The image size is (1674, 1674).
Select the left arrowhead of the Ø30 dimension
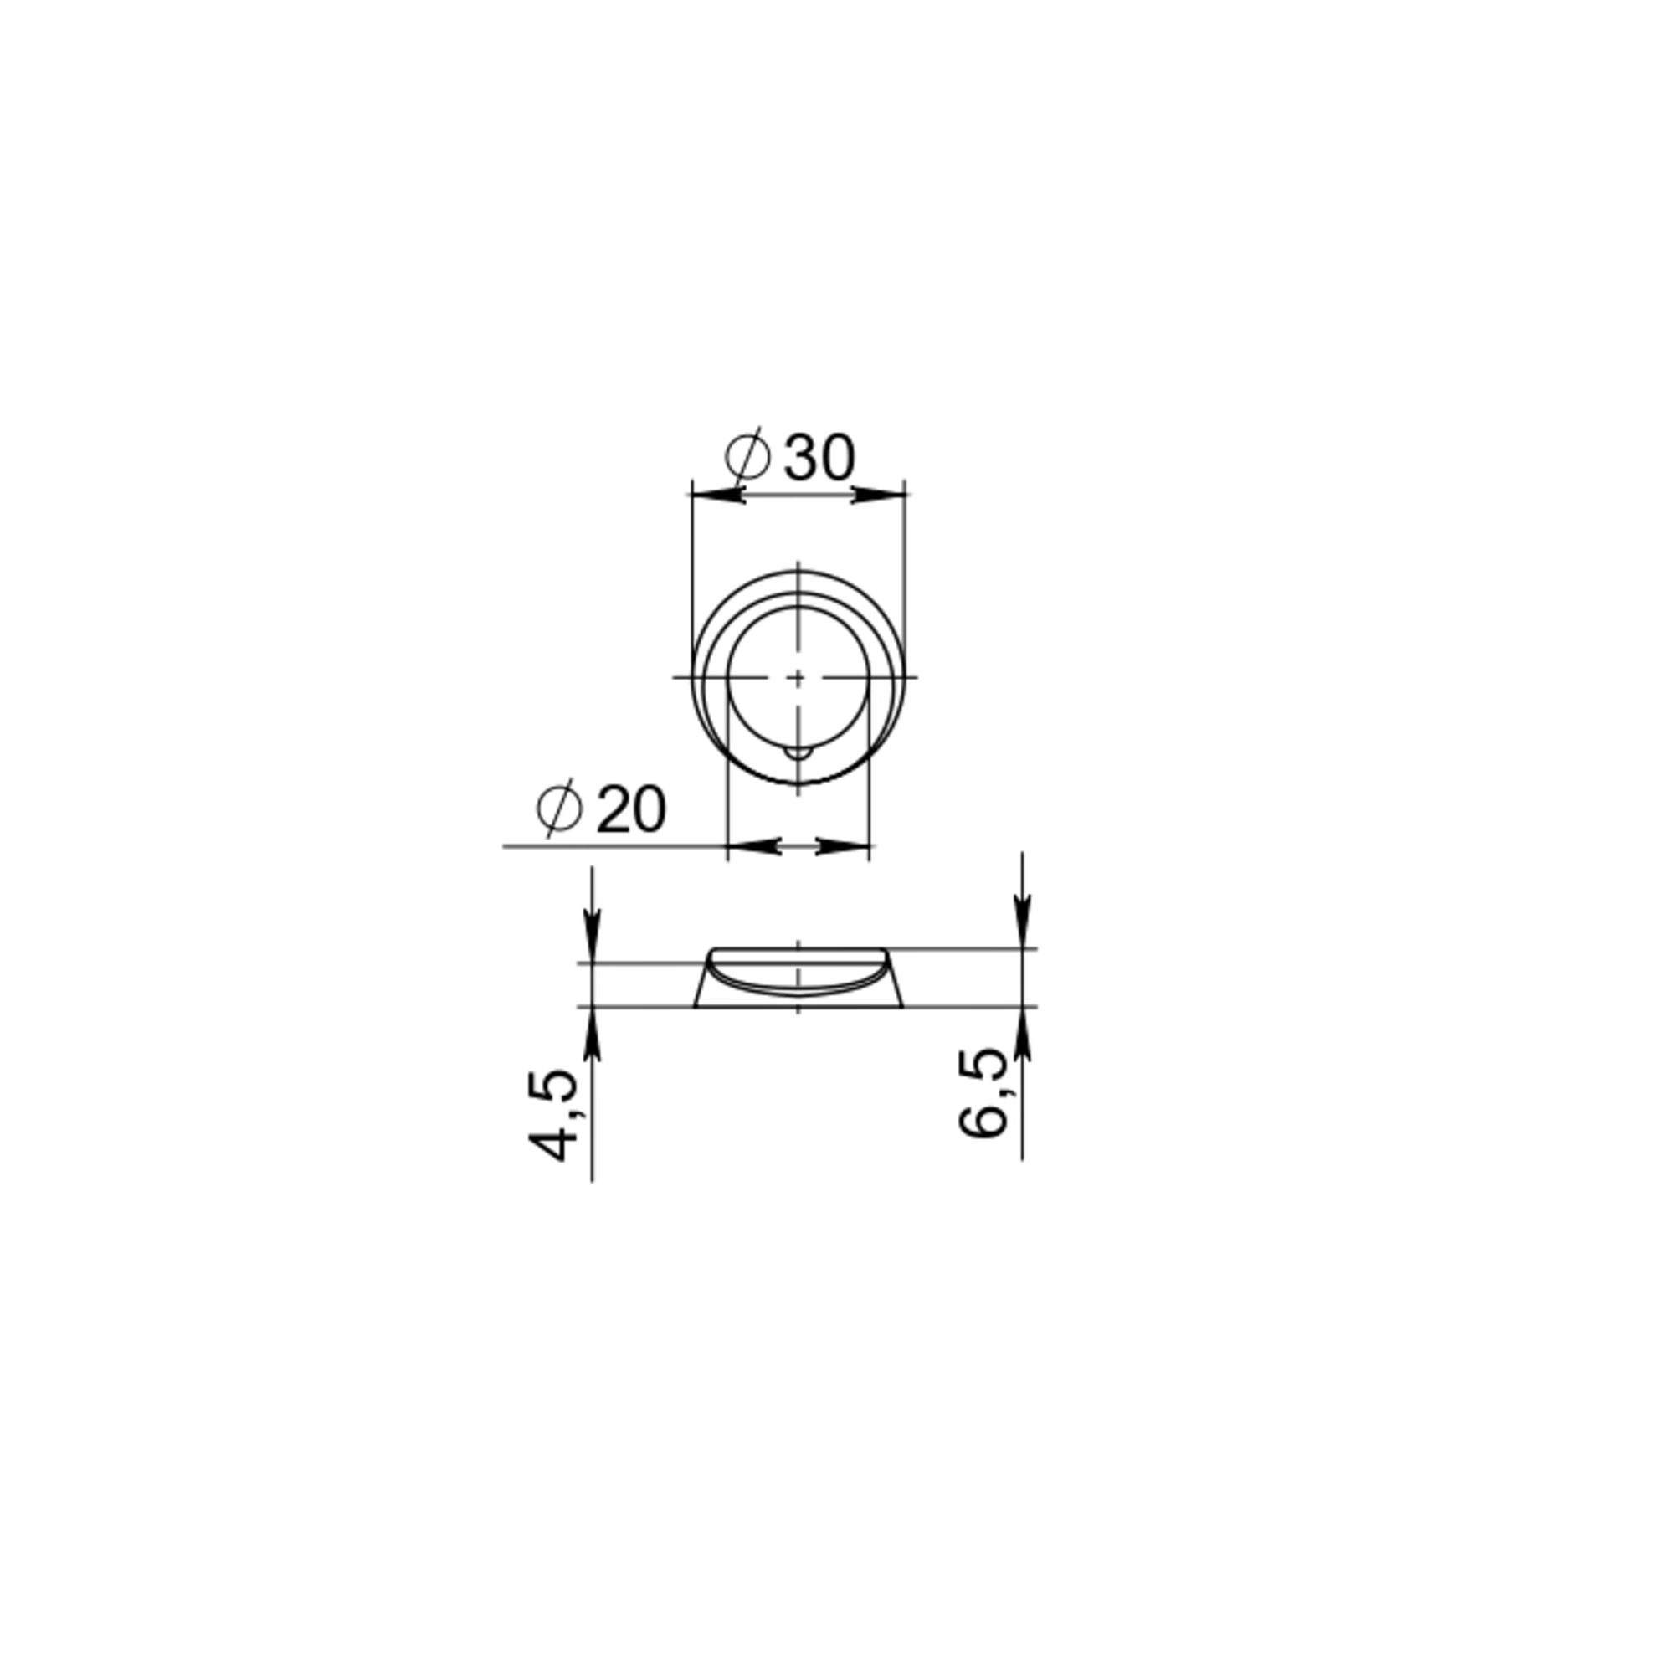(719, 495)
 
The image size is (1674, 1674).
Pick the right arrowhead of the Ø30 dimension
(878, 495)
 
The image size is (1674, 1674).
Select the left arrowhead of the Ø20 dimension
(755, 845)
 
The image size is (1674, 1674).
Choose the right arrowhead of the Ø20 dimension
(843, 845)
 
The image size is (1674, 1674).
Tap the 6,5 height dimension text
(983, 1093)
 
